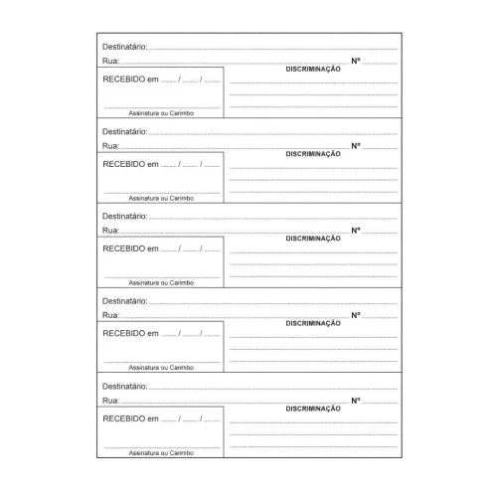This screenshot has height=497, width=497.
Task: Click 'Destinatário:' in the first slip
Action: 124,47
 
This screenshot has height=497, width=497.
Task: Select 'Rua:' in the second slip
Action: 110,146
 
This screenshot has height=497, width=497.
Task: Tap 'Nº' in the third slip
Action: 356,231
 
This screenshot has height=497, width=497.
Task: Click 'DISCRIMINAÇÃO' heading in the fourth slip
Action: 313,323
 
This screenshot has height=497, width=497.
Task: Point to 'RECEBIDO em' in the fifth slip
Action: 130,418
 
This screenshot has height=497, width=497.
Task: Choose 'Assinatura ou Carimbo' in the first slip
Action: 161,113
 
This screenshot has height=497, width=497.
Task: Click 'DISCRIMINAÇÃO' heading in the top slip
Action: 313,70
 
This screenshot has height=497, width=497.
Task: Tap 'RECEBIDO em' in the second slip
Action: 130,164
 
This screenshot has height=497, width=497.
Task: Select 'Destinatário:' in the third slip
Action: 124,216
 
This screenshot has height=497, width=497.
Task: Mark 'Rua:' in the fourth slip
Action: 110,315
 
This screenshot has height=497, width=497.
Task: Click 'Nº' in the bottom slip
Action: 356,400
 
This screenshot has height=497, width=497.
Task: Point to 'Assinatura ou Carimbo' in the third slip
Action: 161,282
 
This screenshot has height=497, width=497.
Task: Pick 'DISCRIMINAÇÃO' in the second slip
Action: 313,154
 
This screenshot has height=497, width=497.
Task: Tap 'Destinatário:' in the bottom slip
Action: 124,385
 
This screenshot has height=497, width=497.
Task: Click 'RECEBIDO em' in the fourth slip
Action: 130,333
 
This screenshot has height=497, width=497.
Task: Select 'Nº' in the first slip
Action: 356,62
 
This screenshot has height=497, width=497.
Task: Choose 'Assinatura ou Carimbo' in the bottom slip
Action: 161,452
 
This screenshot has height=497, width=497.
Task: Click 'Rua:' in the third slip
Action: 110,231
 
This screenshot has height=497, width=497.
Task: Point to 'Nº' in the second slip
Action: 356,146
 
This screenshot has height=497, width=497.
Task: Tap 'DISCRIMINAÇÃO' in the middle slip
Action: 313,239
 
